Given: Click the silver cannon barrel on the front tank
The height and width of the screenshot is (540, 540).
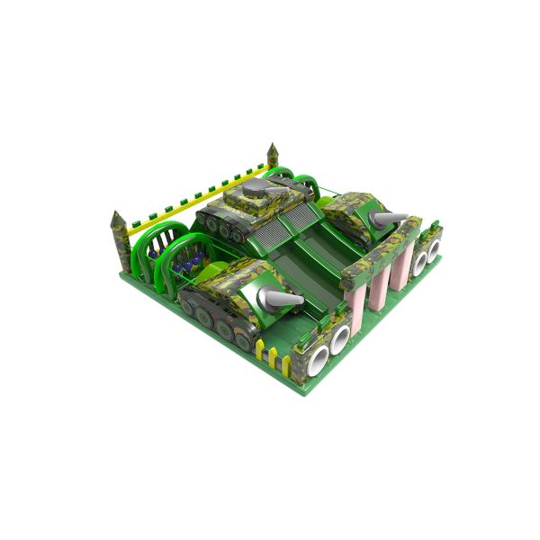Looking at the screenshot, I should (x=285, y=299).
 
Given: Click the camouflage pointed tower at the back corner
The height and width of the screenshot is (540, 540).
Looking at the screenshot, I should (x=273, y=156).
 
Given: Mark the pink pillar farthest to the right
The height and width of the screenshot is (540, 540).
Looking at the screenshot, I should (x=401, y=262).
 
